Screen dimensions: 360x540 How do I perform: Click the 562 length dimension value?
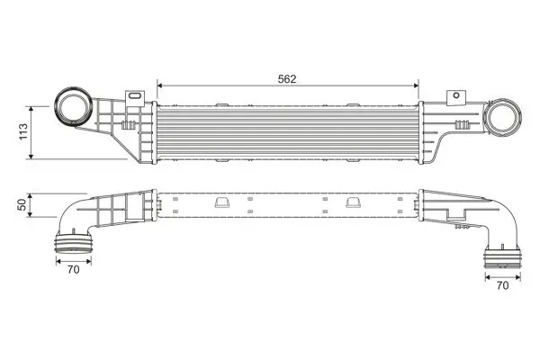click(287, 78)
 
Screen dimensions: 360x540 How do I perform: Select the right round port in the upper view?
click(505, 118)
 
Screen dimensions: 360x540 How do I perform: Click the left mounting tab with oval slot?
click(134, 94)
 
